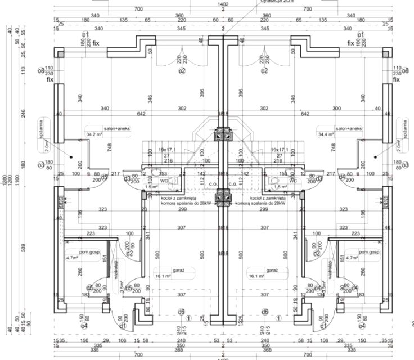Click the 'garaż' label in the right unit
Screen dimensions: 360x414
(x=273, y=271)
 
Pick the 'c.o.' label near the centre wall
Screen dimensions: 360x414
(x=213, y=183)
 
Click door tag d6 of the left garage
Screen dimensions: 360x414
(x=181, y=312)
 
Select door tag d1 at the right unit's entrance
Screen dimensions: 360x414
(x=323, y=325)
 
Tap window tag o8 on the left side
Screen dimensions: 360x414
(x=41, y=71)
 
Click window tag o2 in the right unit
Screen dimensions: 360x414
(x=264, y=71)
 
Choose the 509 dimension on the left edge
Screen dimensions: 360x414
(x=24, y=247)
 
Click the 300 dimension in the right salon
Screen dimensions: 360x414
(x=336, y=108)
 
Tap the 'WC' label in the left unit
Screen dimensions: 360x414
(x=164, y=181)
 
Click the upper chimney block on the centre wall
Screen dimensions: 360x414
(x=223, y=134)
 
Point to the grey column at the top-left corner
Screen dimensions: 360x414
(x=60, y=52)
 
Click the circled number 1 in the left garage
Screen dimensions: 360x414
(x=188, y=318)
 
